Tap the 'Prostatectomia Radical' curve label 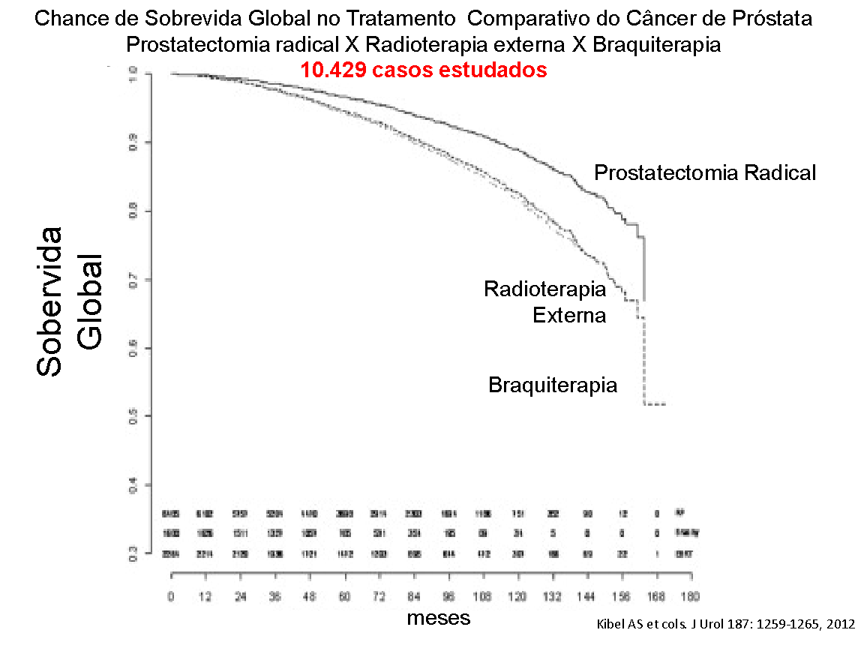705,172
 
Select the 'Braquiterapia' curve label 553,385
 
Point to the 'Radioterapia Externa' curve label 545,301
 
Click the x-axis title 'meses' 439,618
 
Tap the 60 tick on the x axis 344,598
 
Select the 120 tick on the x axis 517,598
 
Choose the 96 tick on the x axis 448,598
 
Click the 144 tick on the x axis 586,598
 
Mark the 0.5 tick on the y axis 133,416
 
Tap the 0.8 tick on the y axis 133,211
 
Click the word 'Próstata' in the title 777,18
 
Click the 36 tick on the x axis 274,598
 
